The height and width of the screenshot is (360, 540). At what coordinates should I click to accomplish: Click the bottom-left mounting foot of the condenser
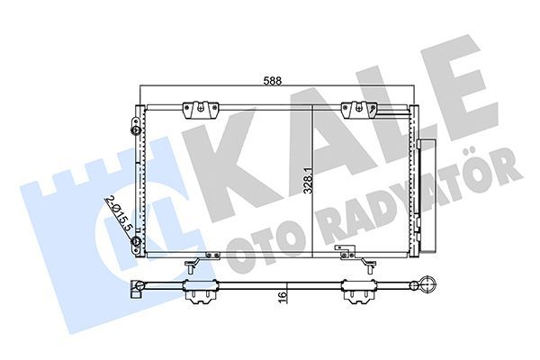tap(192, 263)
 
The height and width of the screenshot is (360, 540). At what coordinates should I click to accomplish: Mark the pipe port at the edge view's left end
tap(137, 290)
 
